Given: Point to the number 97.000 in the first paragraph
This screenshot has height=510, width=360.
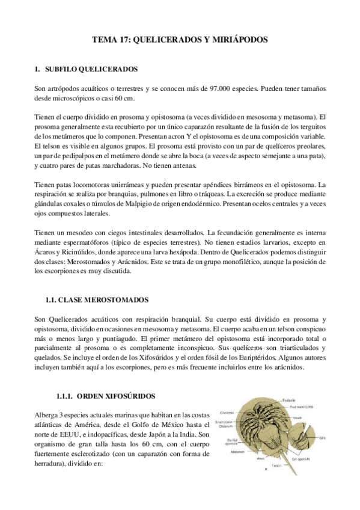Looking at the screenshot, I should pos(222,88).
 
